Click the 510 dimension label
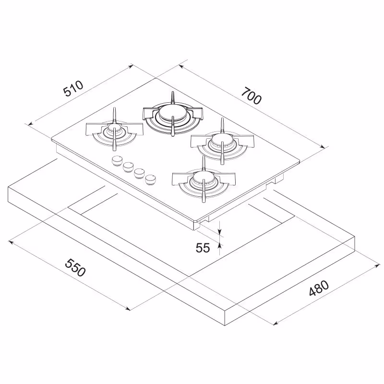click(73, 88)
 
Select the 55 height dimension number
click(203, 248)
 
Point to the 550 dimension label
click(75, 267)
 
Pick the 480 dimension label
click(319, 288)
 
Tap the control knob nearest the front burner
click(150, 180)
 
